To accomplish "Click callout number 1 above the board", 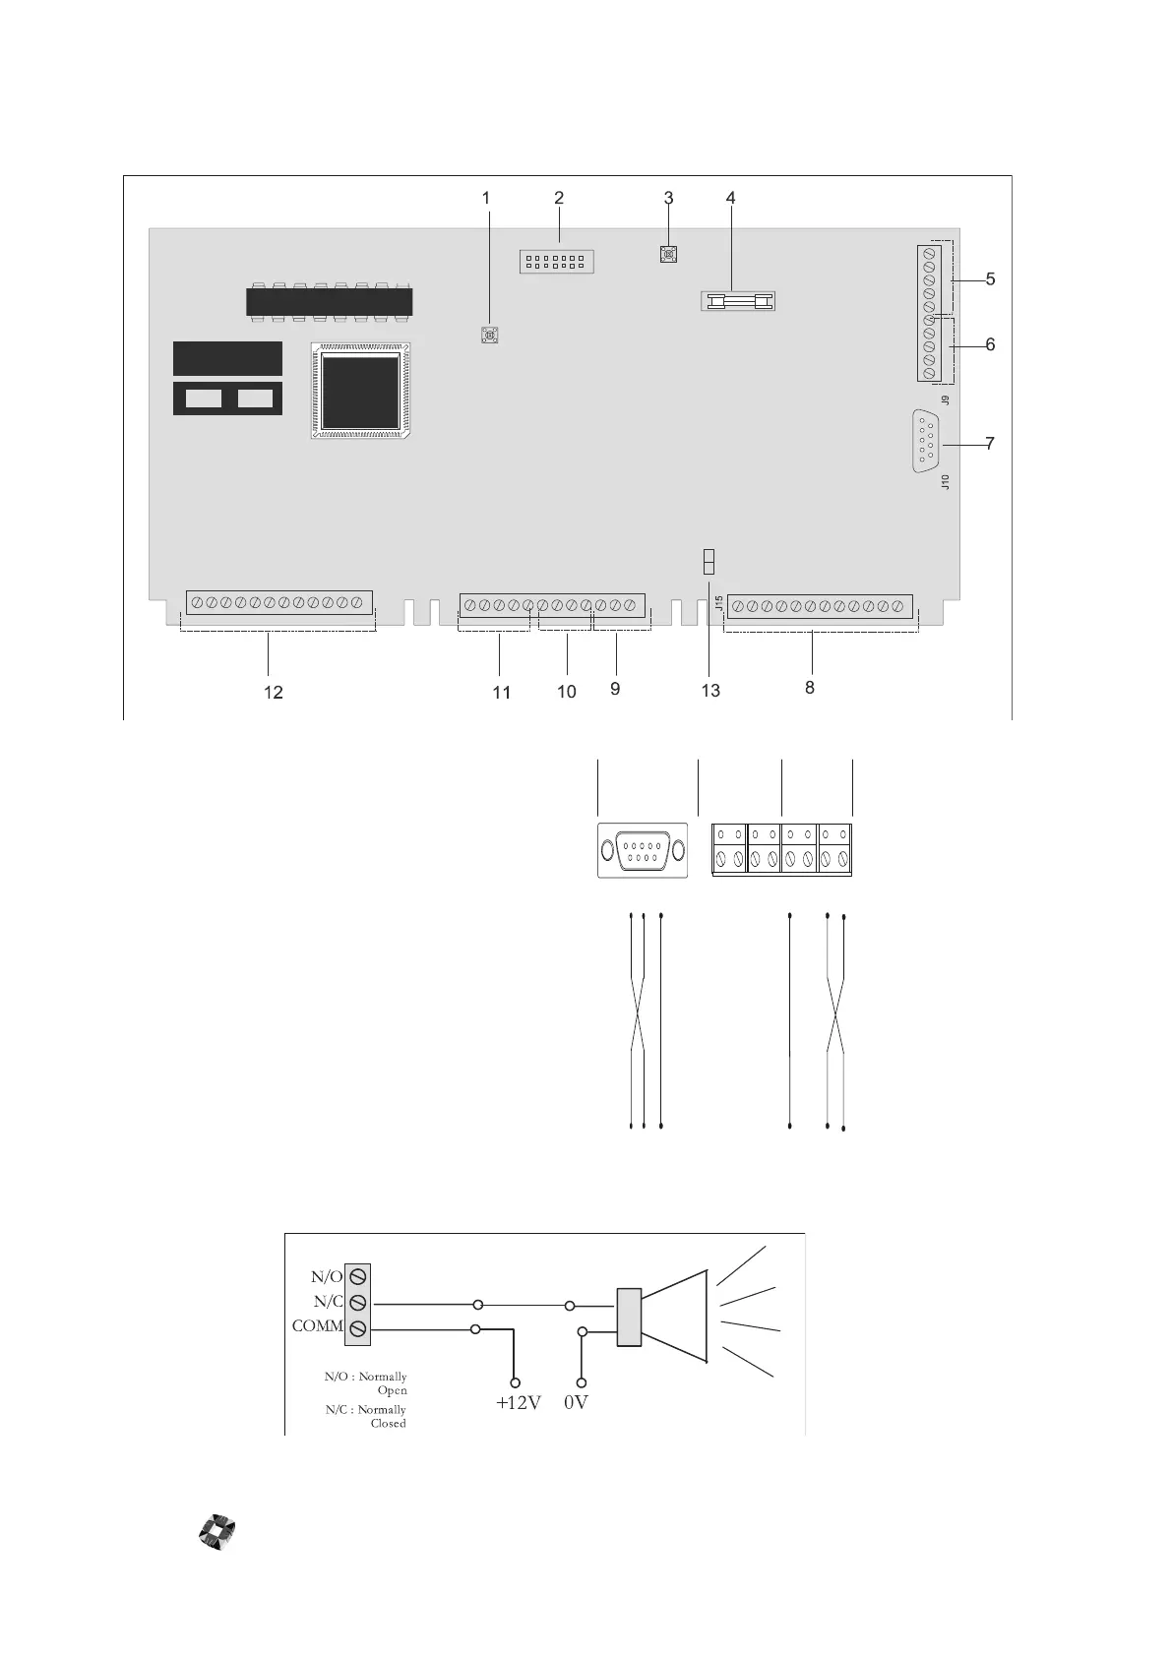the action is pyautogui.click(x=485, y=198).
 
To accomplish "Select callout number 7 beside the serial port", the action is pyautogui.click(x=990, y=444).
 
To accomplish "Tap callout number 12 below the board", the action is pyautogui.click(x=273, y=693).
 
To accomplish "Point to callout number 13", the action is pyautogui.click(x=710, y=691).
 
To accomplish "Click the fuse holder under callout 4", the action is pyautogui.click(x=738, y=300).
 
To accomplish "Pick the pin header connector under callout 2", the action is pyautogui.click(x=557, y=262).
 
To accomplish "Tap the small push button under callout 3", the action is pyautogui.click(x=669, y=255).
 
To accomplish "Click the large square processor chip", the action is pyautogui.click(x=361, y=391).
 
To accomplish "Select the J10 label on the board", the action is pyautogui.click(x=946, y=482).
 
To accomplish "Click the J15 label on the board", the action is pyautogui.click(x=719, y=603).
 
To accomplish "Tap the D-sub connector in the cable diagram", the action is pyautogui.click(x=642, y=849).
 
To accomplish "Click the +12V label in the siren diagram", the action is pyautogui.click(x=518, y=1403).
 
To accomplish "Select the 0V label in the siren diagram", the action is pyautogui.click(x=577, y=1403).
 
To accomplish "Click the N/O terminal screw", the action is pyautogui.click(x=359, y=1276).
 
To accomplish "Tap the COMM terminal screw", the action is pyautogui.click(x=359, y=1328).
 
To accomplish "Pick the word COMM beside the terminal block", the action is pyautogui.click(x=317, y=1326).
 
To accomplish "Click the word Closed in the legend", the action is pyautogui.click(x=388, y=1424).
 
